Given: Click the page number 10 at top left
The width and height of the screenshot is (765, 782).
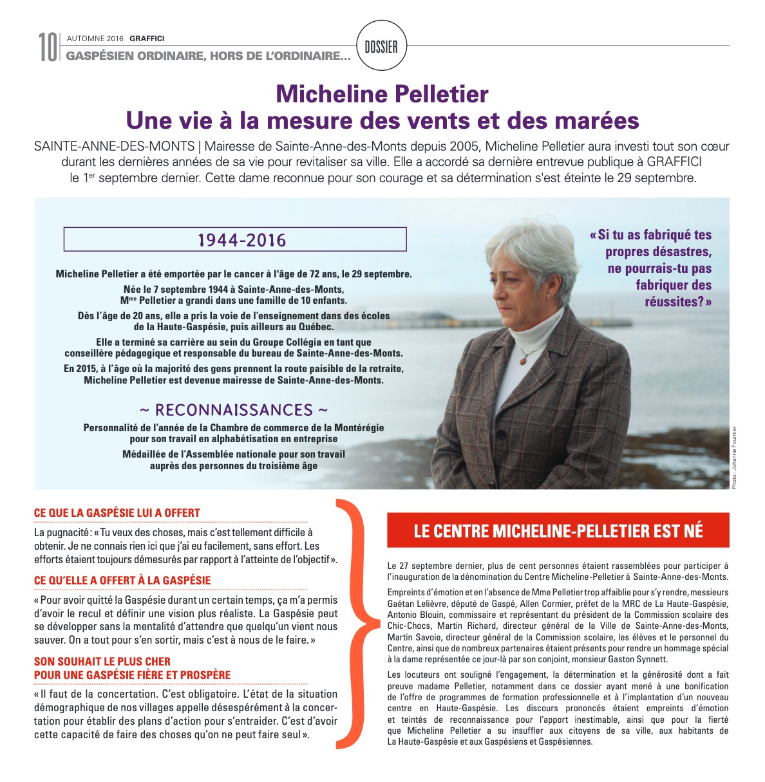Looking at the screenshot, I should pos(47,48).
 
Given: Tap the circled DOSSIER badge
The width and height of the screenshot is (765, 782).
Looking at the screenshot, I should pos(381,46).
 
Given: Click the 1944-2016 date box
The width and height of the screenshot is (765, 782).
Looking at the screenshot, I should pos(235,239).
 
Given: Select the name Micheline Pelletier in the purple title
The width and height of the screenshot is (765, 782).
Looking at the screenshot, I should pos(382,94).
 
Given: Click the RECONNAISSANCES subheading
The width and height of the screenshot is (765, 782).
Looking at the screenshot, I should pos(234,410).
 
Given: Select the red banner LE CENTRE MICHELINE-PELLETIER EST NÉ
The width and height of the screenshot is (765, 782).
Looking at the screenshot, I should pos(558,530).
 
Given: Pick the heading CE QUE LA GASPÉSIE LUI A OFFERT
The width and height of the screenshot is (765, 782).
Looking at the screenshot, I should pos(117,513).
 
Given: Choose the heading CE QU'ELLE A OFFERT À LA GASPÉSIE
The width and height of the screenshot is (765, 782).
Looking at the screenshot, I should pos(122,581).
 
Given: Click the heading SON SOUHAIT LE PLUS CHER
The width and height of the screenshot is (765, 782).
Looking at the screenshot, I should pos(102,661).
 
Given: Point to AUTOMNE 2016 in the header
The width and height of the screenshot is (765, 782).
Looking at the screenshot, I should pos(95,39).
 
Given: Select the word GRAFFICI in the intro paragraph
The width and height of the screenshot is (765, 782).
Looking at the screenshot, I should pos(674,162).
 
